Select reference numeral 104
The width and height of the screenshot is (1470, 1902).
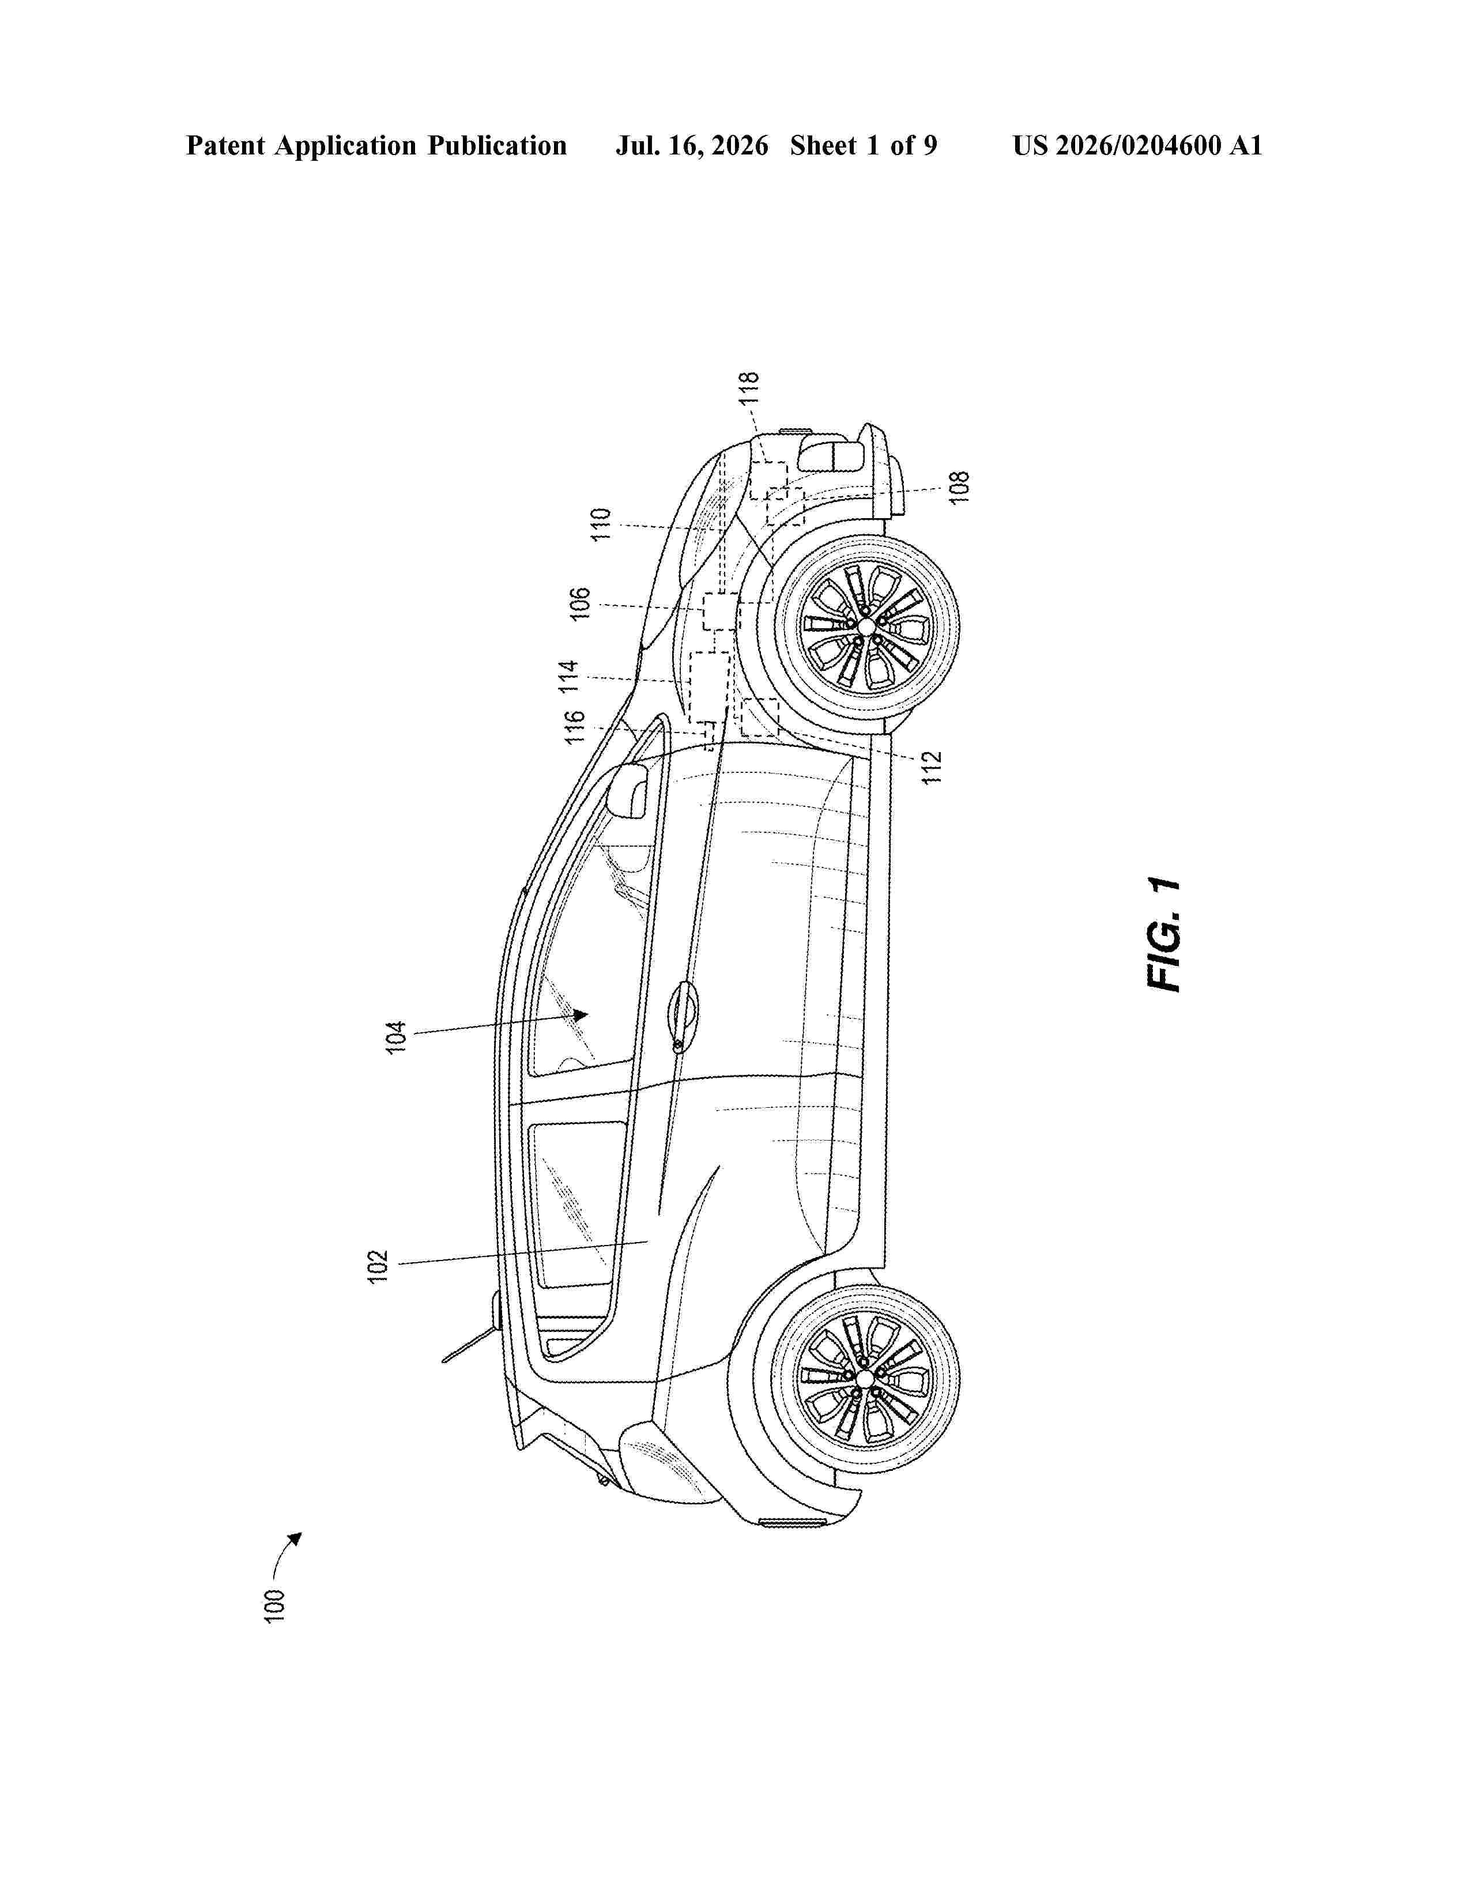point(396,1036)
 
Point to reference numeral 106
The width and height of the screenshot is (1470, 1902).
point(580,603)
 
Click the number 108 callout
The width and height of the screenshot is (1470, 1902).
point(959,488)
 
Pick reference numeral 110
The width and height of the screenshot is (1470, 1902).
point(601,525)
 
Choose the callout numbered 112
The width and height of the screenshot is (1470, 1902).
point(933,767)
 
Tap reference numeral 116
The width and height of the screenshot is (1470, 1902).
point(574,727)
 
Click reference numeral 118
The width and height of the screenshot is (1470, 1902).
point(749,387)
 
